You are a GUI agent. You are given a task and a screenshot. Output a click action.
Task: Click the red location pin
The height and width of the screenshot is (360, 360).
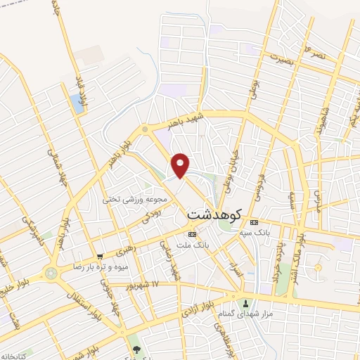pyautogui.click(x=181, y=165)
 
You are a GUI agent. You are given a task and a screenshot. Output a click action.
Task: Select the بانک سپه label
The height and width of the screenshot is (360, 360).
pyautogui.click(x=255, y=232)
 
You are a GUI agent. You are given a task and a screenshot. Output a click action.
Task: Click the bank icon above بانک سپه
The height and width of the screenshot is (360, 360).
pyautogui.click(x=254, y=222)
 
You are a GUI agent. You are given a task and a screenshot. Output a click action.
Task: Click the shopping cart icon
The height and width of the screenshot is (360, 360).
pyautogui.click(x=101, y=257)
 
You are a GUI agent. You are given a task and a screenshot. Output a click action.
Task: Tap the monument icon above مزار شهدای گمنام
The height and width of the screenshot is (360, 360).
pyautogui.click(x=245, y=303)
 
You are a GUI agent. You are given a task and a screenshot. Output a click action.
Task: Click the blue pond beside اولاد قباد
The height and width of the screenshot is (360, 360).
pyautogui.click(x=76, y=103)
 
